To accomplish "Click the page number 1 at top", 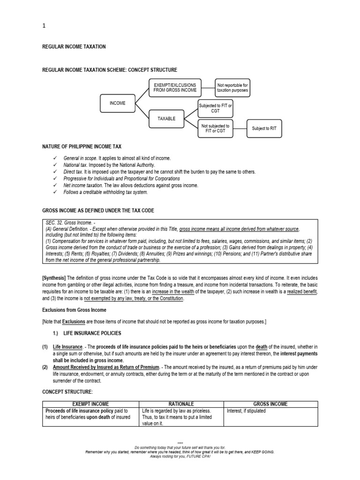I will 44,26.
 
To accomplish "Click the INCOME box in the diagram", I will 118,103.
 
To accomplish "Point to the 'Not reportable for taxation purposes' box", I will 232,88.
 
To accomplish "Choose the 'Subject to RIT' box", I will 265,128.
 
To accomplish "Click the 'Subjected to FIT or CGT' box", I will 216,109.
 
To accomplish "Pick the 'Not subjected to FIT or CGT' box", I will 215,128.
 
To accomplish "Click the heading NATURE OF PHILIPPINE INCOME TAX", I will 82,147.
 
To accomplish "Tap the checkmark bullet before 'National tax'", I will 56,165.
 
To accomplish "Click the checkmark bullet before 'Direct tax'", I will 56,172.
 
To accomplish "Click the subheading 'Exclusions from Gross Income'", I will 74,310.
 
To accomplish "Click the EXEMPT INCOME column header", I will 91,404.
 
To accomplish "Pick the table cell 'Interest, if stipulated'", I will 246,411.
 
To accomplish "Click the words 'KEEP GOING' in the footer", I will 262,452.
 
